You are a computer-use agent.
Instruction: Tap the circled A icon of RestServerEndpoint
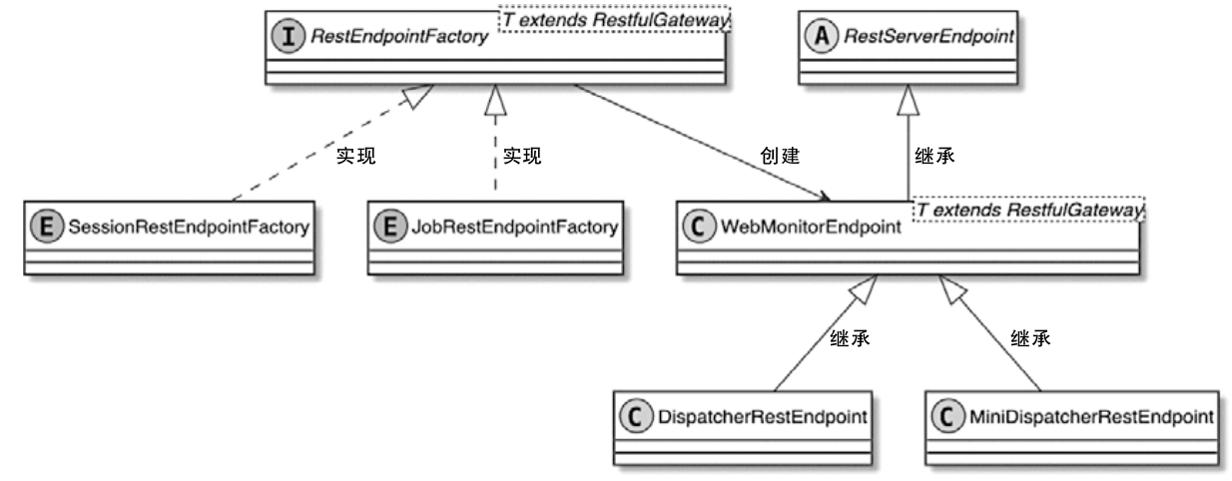click(822, 38)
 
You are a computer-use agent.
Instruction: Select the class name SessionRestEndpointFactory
click(186, 226)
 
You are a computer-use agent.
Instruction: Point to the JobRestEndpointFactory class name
click(514, 226)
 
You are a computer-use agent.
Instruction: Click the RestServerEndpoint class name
click(925, 38)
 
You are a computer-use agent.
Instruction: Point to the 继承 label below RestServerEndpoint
click(934, 157)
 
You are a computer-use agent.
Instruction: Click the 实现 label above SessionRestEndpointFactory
click(356, 157)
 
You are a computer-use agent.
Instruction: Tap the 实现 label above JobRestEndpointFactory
click(521, 157)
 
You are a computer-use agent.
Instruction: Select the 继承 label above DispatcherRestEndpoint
click(850, 338)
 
